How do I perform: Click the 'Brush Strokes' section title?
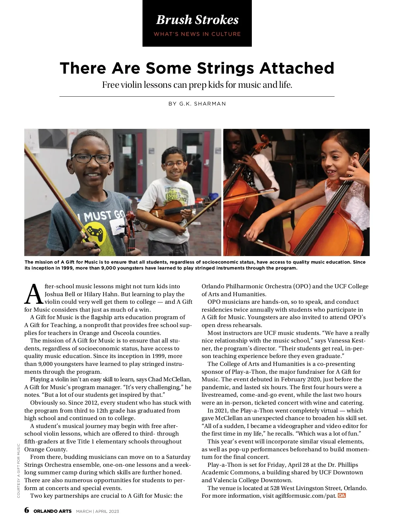tap(197, 20)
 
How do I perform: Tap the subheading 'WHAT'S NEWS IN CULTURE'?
tap(197, 34)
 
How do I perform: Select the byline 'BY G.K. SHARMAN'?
tap(197, 104)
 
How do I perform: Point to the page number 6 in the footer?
tap(27, 510)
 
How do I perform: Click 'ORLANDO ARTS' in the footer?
tap(53, 511)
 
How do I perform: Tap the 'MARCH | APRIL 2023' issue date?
tap(98, 511)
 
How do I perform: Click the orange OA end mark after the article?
tap(341, 495)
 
